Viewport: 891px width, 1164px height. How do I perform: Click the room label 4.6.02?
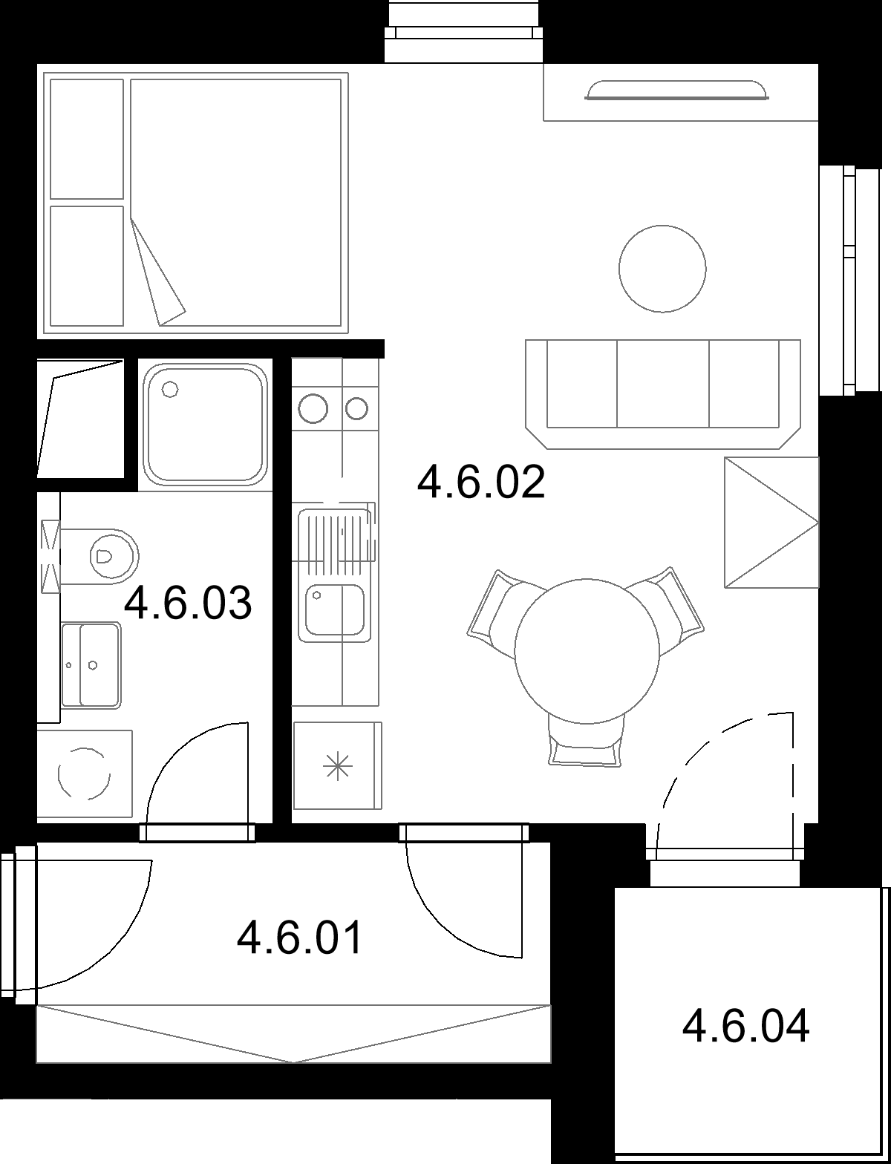click(x=481, y=482)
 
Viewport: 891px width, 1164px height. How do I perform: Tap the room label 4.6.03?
click(x=188, y=603)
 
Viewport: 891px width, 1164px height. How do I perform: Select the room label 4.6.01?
click(x=300, y=937)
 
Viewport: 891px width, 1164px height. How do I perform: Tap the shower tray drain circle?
click(x=170, y=389)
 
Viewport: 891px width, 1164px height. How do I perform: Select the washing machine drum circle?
click(x=84, y=774)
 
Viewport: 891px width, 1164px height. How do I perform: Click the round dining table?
click(x=587, y=651)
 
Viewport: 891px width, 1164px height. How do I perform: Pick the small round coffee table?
click(x=662, y=269)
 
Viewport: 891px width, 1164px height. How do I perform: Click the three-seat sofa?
click(x=663, y=394)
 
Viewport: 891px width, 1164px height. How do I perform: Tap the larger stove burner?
click(x=313, y=408)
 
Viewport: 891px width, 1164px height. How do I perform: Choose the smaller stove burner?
click(x=357, y=409)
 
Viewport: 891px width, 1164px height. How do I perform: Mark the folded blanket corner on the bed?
click(x=157, y=270)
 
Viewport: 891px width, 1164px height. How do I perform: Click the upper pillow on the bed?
click(x=86, y=140)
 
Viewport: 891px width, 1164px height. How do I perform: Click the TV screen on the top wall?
click(x=676, y=90)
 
